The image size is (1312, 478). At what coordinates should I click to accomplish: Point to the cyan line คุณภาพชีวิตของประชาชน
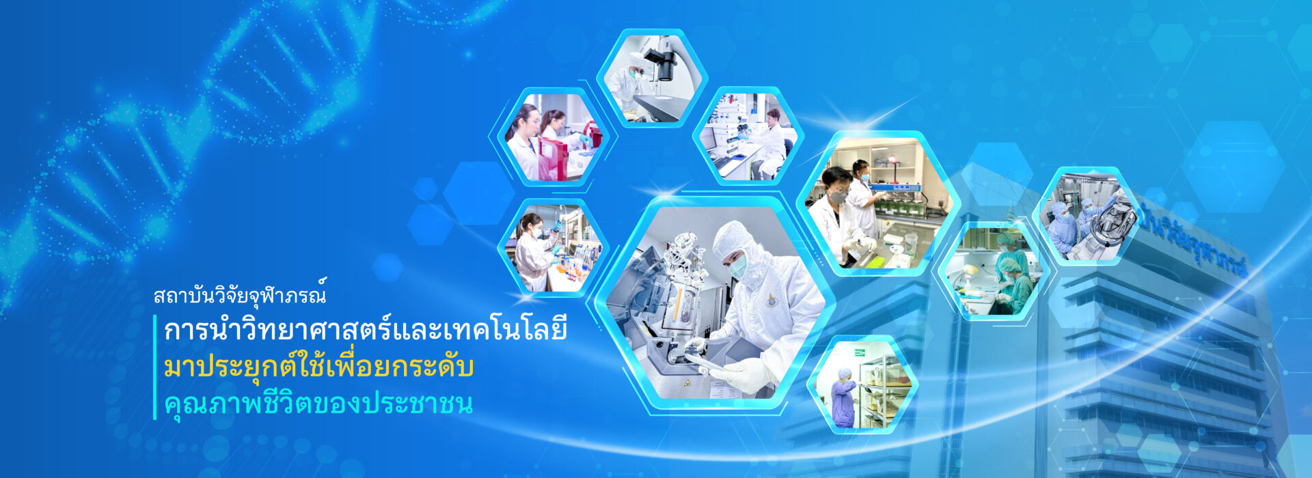click(x=318, y=403)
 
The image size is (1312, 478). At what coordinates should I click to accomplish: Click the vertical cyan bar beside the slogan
click(x=155, y=367)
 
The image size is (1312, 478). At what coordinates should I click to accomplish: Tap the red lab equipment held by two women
click(x=552, y=158)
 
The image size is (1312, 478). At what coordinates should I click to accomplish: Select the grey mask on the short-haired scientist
click(x=838, y=197)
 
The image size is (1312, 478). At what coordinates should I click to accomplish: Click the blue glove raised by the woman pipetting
click(x=557, y=227)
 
